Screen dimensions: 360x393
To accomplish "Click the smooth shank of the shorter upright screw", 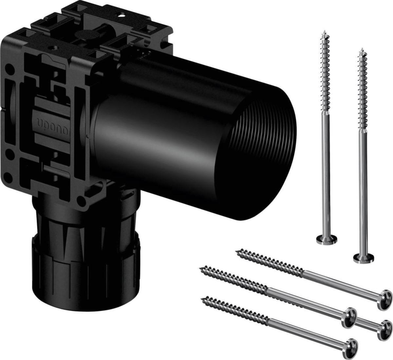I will point(363,196).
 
